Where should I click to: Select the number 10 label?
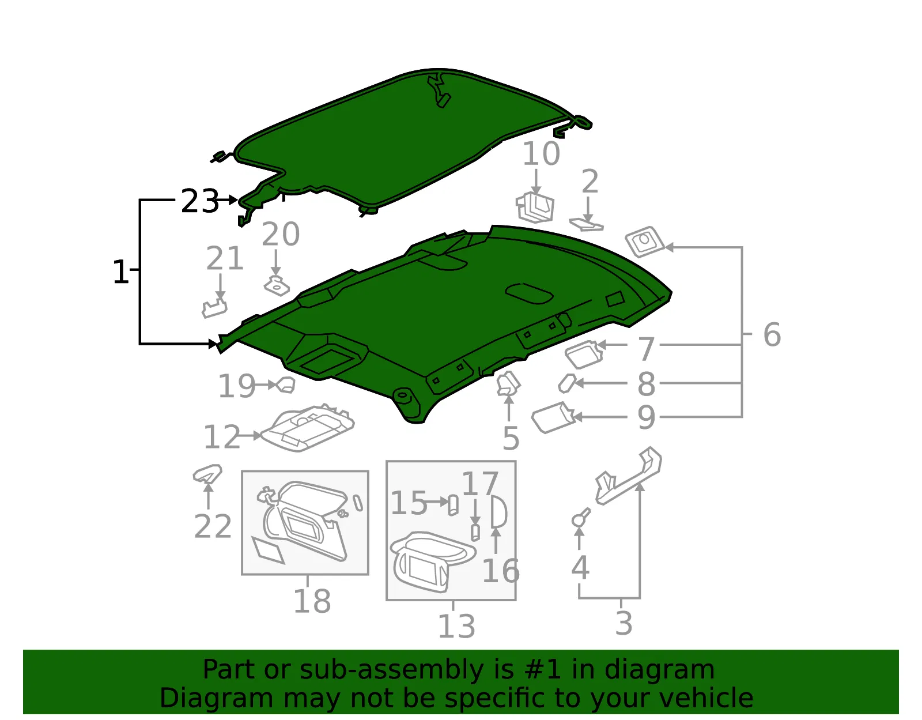pyautogui.click(x=541, y=153)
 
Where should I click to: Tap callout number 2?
pyautogui.click(x=590, y=181)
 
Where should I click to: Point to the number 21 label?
pyautogui.click(x=225, y=258)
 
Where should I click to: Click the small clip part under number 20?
pyautogui.click(x=277, y=286)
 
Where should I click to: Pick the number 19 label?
pyautogui.click(x=236, y=386)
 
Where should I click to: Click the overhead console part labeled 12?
pyautogui.click(x=308, y=428)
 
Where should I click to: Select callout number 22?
pyautogui.click(x=213, y=526)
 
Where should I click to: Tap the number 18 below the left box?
pyautogui.click(x=312, y=601)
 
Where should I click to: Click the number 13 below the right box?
pyautogui.click(x=456, y=626)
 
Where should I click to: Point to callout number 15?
pyautogui.click(x=408, y=503)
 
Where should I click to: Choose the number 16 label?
pyautogui.click(x=501, y=571)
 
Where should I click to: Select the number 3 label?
pyautogui.click(x=624, y=623)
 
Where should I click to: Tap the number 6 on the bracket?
pyautogui.click(x=772, y=334)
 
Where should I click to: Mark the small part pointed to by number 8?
pyautogui.click(x=567, y=383)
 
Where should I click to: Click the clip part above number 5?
pyautogui.click(x=508, y=383)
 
